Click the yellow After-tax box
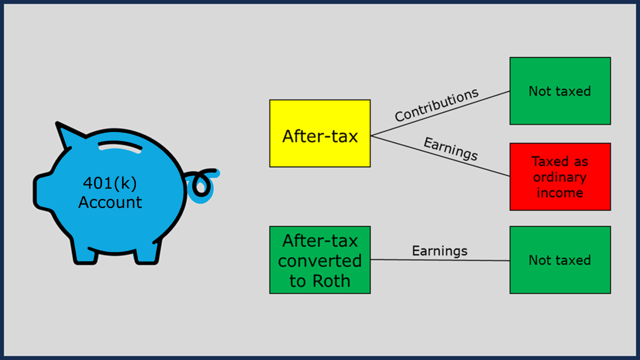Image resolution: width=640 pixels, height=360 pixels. click(320, 133)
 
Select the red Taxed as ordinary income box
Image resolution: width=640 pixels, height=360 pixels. click(560, 177)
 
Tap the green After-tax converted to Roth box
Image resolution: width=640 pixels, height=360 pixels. click(320, 260)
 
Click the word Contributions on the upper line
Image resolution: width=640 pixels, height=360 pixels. click(437, 105)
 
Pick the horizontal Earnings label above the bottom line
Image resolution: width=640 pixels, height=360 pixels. click(440, 251)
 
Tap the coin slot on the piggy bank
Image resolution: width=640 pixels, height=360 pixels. click(120, 147)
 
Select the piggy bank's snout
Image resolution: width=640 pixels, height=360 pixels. click(42, 192)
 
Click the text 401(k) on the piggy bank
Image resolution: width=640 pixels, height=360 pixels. click(110, 183)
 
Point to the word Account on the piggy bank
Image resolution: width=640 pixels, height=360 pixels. click(110, 202)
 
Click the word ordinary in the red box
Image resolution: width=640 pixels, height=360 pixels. click(560, 177)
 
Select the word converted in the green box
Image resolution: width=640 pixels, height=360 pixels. click(320, 261)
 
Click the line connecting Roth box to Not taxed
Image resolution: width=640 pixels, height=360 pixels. click(440, 260)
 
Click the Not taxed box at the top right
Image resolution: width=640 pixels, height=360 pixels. click(560, 91)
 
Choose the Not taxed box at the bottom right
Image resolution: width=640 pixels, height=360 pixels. click(560, 260)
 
